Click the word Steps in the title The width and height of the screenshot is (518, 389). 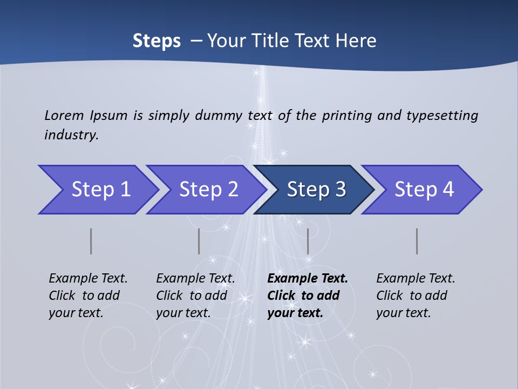(156, 41)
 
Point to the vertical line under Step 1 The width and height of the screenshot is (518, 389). (91, 241)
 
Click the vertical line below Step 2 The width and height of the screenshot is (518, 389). (199, 241)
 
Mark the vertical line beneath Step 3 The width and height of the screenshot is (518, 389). (308, 241)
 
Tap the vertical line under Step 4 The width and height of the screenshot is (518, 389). (417, 241)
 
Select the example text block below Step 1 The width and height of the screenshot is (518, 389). (88, 296)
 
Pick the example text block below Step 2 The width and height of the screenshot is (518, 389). (195, 296)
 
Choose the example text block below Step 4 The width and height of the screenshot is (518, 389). (415, 296)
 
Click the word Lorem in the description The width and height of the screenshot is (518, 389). (64, 116)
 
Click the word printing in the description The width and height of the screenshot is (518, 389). (346, 116)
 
